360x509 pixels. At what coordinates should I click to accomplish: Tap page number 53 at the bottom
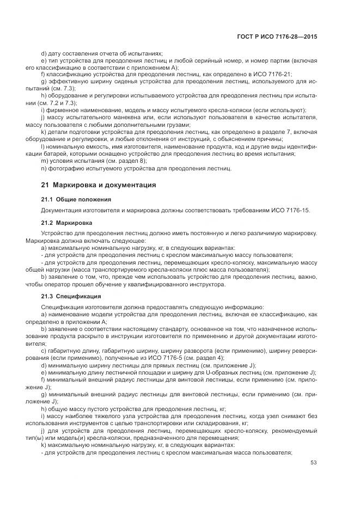coord(313,463)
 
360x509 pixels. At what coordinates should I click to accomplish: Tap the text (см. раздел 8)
coord(120,161)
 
